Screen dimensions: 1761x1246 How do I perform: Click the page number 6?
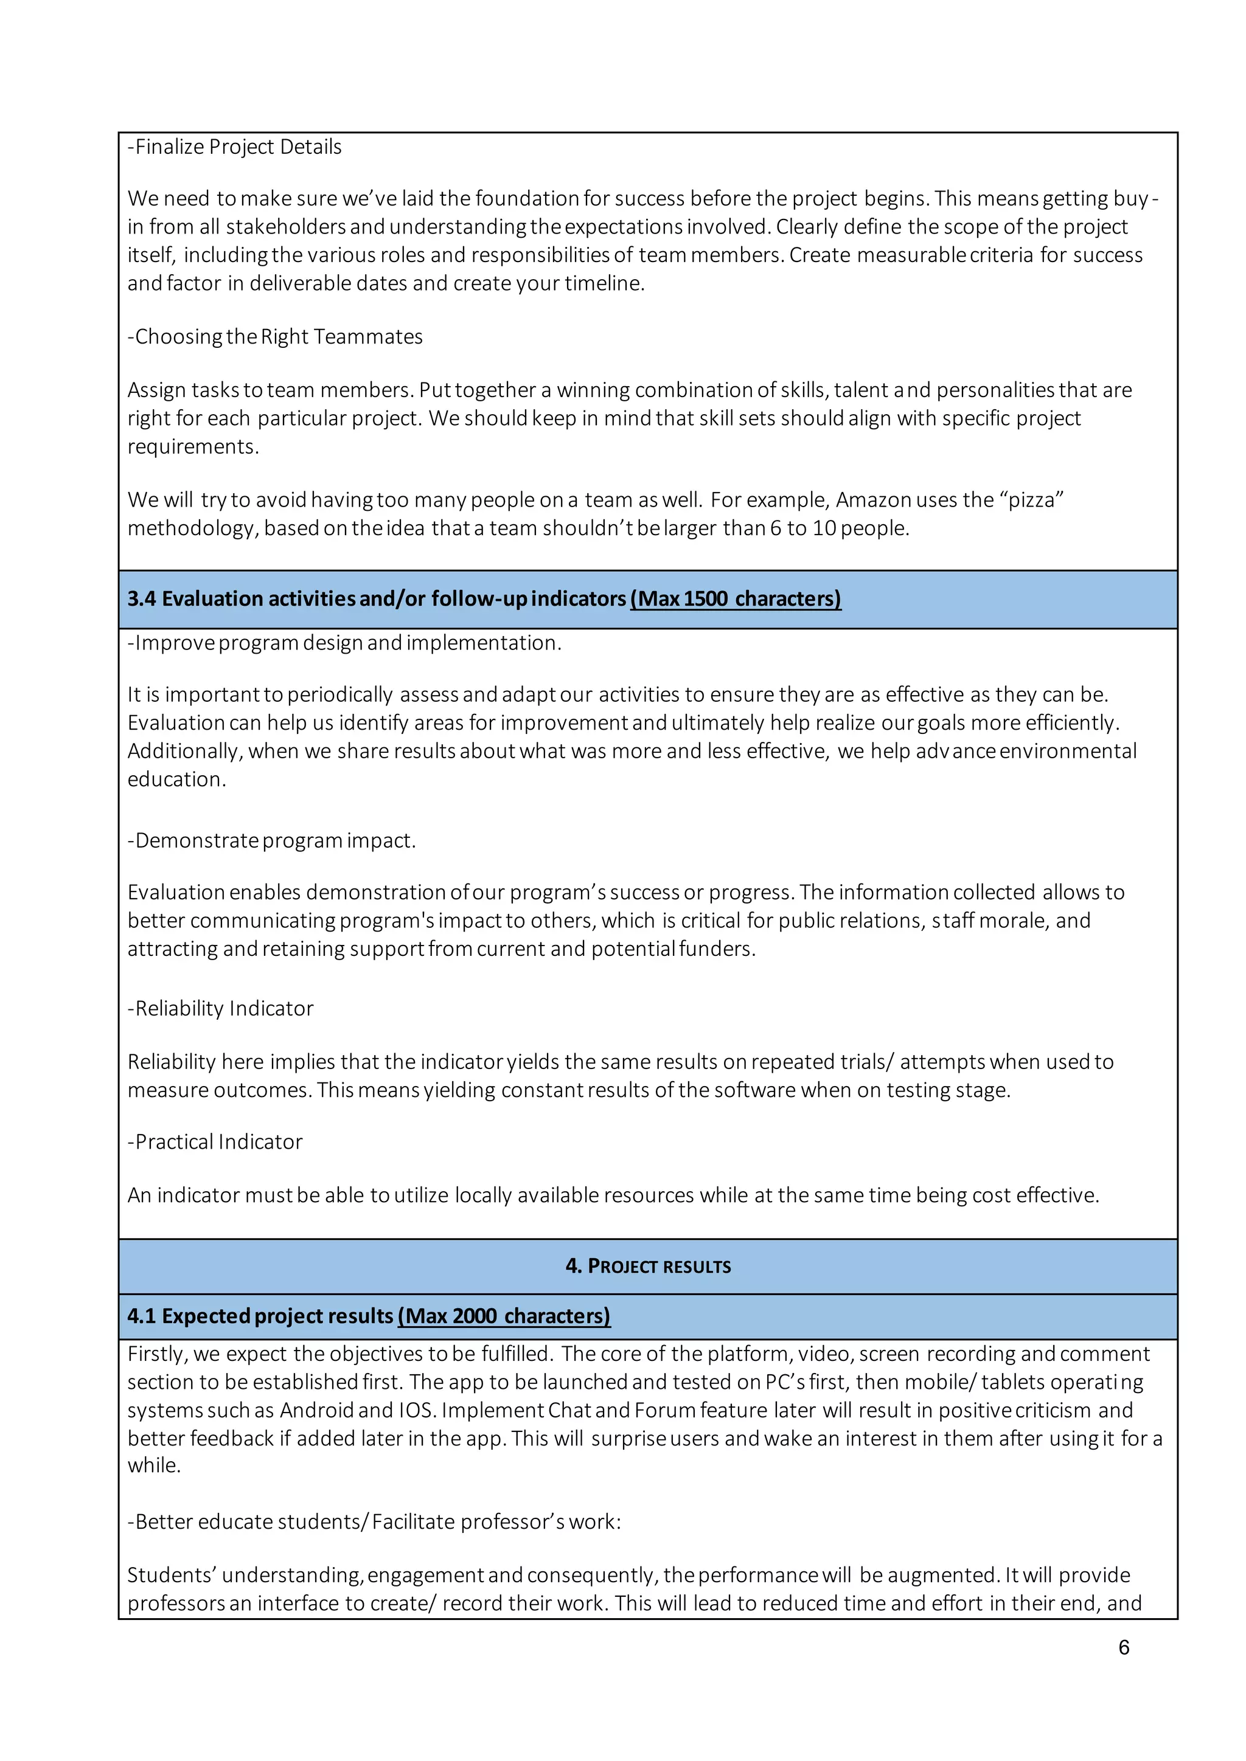coord(1123,1647)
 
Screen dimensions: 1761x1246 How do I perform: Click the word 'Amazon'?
coord(872,500)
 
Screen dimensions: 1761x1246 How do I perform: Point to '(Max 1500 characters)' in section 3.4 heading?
coord(735,598)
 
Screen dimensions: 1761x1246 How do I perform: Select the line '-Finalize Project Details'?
coord(235,147)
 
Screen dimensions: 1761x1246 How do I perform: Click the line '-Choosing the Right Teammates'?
coord(274,337)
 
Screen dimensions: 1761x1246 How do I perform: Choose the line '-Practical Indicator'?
coord(215,1141)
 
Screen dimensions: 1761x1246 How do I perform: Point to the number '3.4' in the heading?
coord(141,598)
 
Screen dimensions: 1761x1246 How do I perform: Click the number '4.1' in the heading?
coord(141,1315)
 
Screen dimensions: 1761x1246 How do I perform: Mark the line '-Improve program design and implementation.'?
coord(344,643)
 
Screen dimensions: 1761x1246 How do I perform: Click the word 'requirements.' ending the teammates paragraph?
coord(193,446)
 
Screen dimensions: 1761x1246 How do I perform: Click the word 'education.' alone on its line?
coord(176,780)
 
